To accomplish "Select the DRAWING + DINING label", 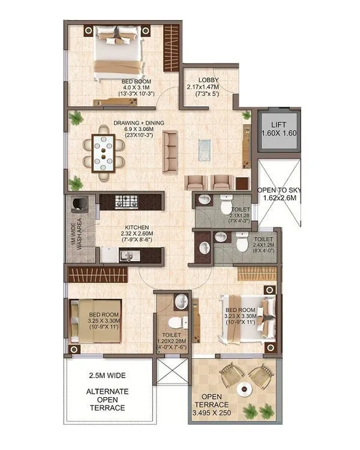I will tap(139, 123).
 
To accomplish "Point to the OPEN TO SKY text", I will tap(280, 190).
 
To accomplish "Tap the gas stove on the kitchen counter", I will tap(128, 200).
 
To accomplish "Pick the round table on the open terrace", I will tap(245, 389).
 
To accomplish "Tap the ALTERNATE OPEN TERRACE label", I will tap(106, 400).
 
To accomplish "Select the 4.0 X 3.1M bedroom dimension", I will tap(136, 87).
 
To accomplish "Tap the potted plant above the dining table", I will tap(76, 118).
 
